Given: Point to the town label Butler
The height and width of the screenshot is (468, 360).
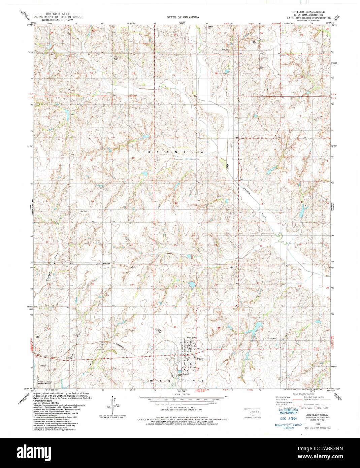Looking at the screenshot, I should point(201,359).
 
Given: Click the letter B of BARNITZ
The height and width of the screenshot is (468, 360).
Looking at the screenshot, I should point(149,152).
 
